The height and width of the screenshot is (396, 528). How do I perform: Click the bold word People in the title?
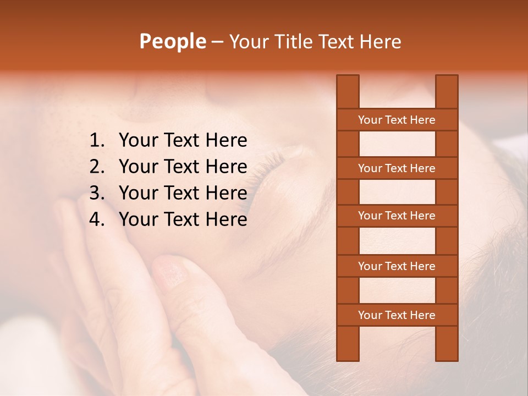[x=172, y=41]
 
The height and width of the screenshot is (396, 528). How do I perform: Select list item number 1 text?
[x=183, y=141]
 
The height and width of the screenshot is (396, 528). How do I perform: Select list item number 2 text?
[x=183, y=167]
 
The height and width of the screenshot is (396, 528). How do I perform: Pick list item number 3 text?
[x=183, y=193]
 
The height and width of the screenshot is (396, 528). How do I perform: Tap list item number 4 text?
[x=183, y=219]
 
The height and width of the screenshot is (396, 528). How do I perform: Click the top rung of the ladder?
[x=397, y=120]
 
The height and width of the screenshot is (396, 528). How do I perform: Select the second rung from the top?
[x=397, y=168]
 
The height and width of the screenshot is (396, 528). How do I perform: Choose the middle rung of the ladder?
[x=397, y=216]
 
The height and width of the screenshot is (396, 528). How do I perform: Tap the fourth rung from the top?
[x=397, y=266]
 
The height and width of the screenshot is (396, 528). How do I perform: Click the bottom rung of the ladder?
[x=397, y=315]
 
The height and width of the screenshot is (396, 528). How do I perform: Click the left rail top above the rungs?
[x=348, y=91]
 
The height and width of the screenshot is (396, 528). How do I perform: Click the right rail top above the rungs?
[x=447, y=91]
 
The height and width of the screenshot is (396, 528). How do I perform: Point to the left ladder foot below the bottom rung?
[x=348, y=344]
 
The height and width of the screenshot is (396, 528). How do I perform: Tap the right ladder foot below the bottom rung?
[x=447, y=344]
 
